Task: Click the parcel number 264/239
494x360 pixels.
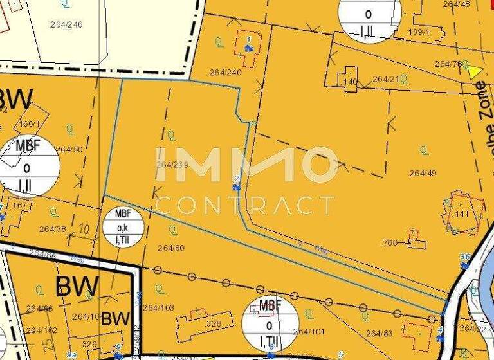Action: pyautogui.click(x=172, y=165)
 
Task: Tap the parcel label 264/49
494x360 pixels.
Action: pyautogui.click(x=423, y=173)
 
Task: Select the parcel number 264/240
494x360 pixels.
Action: pyautogui.click(x=225, y=72)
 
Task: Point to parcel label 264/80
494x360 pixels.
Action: pyautogui.click(x=171, y=248)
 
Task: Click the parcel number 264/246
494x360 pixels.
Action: pyautogui.click(x=66, y=24)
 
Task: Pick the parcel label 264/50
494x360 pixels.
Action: pyautogui.click(x=69, y=149)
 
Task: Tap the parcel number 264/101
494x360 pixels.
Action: pyautogui.click(x=309, y=332)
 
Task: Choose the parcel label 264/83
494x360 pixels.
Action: pyautogui.click(x=379, y=333)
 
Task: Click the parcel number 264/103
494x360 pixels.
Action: pyautogui.click(x=158, y=308)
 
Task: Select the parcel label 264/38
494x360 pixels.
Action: pyautogui.click(x=53, y=228)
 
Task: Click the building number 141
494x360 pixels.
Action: pyautogui.click(x=462, y=213)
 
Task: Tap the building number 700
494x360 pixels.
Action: pyautogui.click(x=390, y=242)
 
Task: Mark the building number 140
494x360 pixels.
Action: pyautogui.click(x=349, y=82)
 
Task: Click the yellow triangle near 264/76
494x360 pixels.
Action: pyautogui.click(x=475, y=71)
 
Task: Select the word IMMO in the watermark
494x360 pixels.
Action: pyautogui.click(x=246, y=165)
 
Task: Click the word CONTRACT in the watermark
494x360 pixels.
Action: pyautogui.click(x=245, y=205)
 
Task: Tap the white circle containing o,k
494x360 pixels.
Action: pyautogui.click(x=122, y=228)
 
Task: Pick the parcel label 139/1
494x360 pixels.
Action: pyautogui.click(x=418, y=31)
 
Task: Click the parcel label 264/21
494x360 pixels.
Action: pyautogui.click(x=386, y=79)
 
